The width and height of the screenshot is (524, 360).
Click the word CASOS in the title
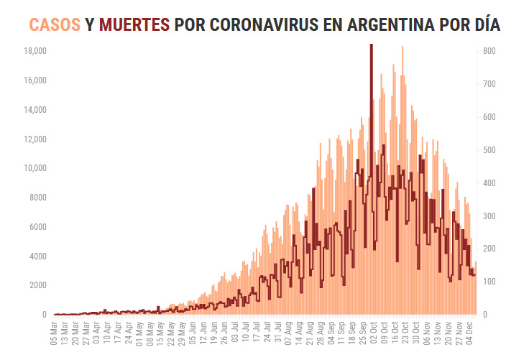pos(55,24)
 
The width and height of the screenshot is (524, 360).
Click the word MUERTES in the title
pos(134,24)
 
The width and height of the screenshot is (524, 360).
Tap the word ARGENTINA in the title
pos(390,24)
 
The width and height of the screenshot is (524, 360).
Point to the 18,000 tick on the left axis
pos(35,52)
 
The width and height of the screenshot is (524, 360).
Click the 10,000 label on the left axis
pos(35,169)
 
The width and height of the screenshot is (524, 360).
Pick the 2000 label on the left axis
pos(37,286)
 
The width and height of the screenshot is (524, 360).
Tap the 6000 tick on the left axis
pos(37,227)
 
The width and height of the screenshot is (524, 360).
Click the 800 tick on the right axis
pos(489,52)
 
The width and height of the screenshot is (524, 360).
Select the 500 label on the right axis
pos(489,150)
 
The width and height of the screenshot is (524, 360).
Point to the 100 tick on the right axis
pos(489,282)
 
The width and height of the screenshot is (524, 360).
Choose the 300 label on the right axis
pos(489,216)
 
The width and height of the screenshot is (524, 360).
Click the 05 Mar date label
pos(55,333)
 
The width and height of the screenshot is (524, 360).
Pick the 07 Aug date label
pos(288,333)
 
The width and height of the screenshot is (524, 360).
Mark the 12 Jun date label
pos(203,333)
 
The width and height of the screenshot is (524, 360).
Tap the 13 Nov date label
pos(436,333)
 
